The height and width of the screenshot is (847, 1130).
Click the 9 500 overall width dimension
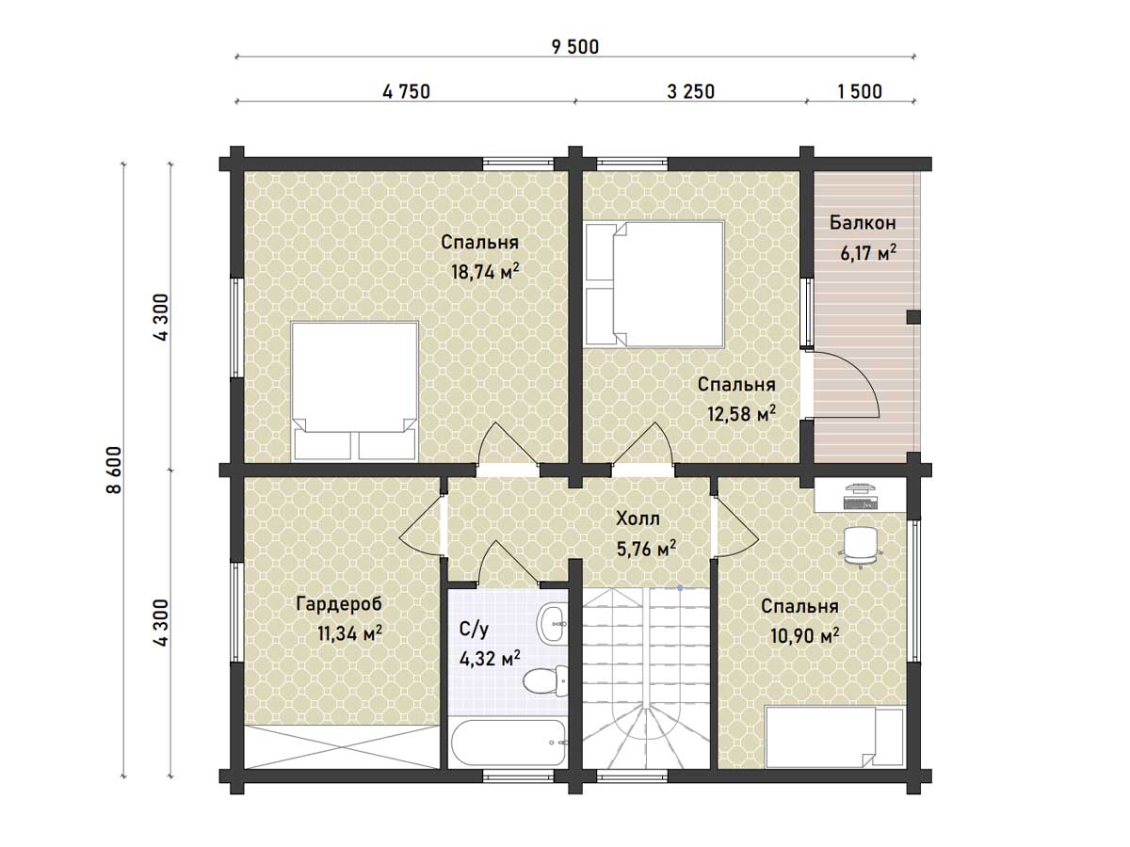click(x=575, y=47)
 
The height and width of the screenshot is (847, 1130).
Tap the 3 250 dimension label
click(x=691, y=92)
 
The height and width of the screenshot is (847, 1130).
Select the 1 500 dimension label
click(x=859, y=92)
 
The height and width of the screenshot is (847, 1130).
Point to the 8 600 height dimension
click(x=114, y=470)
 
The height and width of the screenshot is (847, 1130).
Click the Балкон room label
click(x=863, y=223)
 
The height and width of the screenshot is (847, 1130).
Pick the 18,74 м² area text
click(x=485, y=271)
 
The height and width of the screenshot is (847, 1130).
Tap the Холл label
click(x=638, y=519)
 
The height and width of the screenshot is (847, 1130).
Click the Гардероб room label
click(x=339, y=604)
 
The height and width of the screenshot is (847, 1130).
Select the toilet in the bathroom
click(x=545, y=680)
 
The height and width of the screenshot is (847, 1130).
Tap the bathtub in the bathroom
click(x=508, y=743)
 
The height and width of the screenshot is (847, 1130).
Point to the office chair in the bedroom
click(x=861, y=547)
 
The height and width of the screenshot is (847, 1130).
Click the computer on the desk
click(x=860, y=495)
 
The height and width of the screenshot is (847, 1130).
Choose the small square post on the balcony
click(x=913, y=317)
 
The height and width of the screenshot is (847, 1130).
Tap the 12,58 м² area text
click(x=742, y=413)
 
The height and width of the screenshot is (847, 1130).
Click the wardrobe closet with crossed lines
click(x=341, y=746)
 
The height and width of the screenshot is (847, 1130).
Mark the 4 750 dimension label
click(x=406, y=92)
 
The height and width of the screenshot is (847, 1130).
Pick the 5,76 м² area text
click(x=647, y=550)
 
